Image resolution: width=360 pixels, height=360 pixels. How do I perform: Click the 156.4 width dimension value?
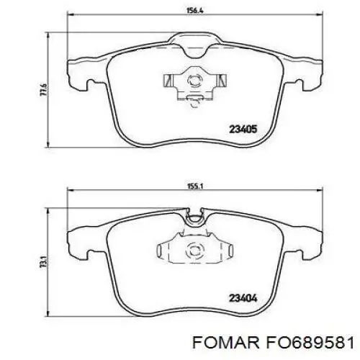pos(195,11)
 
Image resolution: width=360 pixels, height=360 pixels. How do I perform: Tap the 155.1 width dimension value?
pos(194,186)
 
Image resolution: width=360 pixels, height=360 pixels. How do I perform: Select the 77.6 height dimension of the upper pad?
pos(43,90)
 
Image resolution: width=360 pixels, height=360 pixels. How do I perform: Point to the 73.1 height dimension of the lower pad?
pos(43,262)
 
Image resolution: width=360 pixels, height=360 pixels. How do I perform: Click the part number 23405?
pos(243,130)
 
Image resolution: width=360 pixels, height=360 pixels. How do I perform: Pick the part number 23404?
pos(243,298)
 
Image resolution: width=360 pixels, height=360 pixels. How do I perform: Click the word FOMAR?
pos(225,342)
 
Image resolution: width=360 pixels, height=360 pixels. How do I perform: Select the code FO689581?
pos(310,342)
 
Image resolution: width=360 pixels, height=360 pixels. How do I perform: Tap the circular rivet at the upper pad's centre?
pos(194,80)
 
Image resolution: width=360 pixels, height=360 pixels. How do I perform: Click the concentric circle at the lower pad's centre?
pos(195,251)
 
